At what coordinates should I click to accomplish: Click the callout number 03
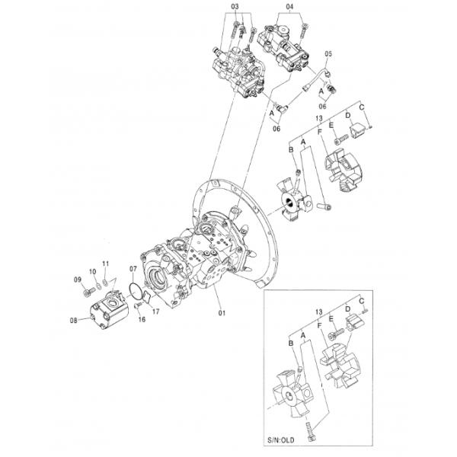tap(235, 6)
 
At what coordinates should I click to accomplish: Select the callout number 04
tap(289, 6)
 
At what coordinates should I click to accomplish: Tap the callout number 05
tap(328, 54)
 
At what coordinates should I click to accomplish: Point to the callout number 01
tap(222, 313)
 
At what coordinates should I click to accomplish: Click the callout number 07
tap(133, 268)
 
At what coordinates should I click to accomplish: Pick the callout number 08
tap(73, 321)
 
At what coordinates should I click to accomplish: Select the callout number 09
tap(78, 280)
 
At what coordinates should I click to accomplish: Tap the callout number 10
tap(92, 272)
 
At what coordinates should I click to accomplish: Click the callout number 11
tap(106, 264)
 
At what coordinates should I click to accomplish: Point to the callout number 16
tap(142, 319)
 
